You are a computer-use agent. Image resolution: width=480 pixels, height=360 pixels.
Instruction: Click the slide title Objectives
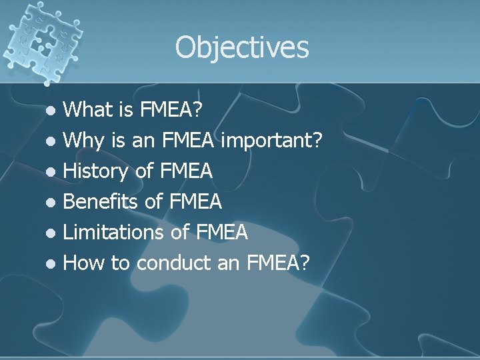[x=242, y=47]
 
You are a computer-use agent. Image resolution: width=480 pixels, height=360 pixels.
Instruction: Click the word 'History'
[x=96, y=171]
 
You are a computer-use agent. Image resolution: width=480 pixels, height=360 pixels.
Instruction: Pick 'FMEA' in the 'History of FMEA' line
[x=187, y=171]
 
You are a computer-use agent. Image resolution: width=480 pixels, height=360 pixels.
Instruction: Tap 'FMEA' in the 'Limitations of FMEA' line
[x=222, y=232]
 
